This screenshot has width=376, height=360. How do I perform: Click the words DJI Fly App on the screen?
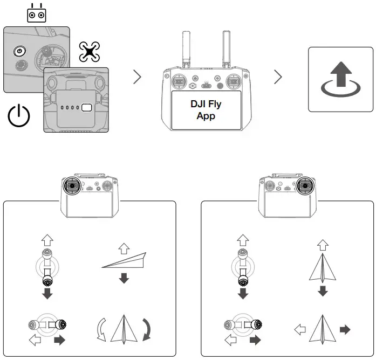pyautogui.click(x=206, y=110)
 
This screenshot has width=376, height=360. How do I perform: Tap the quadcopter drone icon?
pyautogui.click(x=90, y=52)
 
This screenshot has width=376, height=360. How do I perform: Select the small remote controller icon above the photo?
pyautogui.click(x=37, y=13)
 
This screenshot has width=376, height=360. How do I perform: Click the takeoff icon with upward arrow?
pyautogui.click(x=341, y=79)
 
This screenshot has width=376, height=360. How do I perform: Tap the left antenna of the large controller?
pyautogui.click(x=186, y=49)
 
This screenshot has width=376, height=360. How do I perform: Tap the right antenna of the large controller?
pyautogui.click(x=227, y=49)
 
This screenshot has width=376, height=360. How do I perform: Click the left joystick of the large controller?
pyautogui.click(x=179, y=82)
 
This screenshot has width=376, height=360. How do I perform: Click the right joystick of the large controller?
pyautogui.click(x=234, y=82)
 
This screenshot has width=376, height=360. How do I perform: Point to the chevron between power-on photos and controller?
pyautogui.click(x=138, y=77)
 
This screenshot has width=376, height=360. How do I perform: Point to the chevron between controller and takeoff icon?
pyautogui.click(x=278, y=77)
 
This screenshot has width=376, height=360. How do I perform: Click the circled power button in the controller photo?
pyautogui.click(x=19, y=51)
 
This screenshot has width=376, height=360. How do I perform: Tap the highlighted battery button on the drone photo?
pyautogui.click(x=86, y=108)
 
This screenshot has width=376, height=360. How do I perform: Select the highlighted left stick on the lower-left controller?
pyautogui.click(x=71, y=185)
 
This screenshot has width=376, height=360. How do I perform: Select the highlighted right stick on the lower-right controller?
pyautogui.click(x=305, y=185)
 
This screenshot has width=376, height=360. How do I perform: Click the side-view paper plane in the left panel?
pyautogui.click(x=124, y=260)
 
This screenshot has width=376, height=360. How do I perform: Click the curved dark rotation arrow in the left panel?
pyautogui.click(x=147, y=329)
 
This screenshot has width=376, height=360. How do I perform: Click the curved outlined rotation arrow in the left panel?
pyautogui.click(x=101, y=329)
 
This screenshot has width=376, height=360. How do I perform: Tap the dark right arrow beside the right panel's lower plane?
pyautogui.click(x=345, y=330)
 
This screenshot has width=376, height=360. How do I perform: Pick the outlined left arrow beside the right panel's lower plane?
pyautogui.click(x=300, y=330)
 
